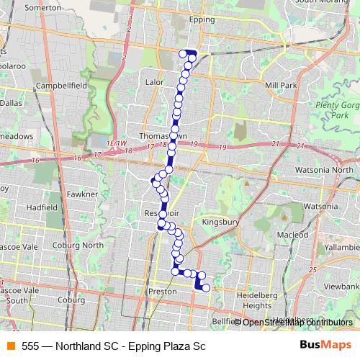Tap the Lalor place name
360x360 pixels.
tap(156, 83)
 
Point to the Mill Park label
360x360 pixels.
tap(281, 85)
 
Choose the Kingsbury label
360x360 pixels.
tap(220, 222)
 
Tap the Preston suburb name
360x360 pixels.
tap(161, 292)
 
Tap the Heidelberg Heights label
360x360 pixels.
tap(257, 300)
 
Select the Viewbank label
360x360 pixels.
tap(341, 286)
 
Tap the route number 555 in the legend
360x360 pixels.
tap(30, 346)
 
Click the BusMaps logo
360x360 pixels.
tap(325, 346)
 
